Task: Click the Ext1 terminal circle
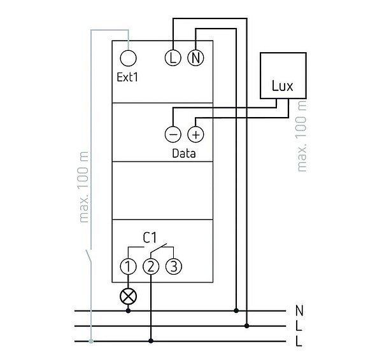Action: (x=129, y=59)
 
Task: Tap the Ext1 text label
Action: (x=128, y=78)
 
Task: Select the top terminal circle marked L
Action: (x=173, y=59)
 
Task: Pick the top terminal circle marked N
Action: (x=195, y=59)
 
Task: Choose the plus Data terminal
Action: (x=195, y=134)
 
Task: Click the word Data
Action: (x=184, y=153)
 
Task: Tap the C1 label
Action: (x=150, y=238)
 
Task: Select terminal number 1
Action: (x=129, y=267)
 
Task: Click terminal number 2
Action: (x=151, y=267)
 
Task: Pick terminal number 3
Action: (x=173, y=267)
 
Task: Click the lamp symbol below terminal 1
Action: (x=129, y=295)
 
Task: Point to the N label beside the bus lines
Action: (x=299, y=311)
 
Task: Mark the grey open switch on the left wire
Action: (x=88, y=258)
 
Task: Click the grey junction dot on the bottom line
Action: (x=91, y=342)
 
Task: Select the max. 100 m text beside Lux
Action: (x=302, y=134)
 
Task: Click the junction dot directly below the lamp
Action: (x=129, y=310)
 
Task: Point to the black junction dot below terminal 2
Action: (x=151, y=342)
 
